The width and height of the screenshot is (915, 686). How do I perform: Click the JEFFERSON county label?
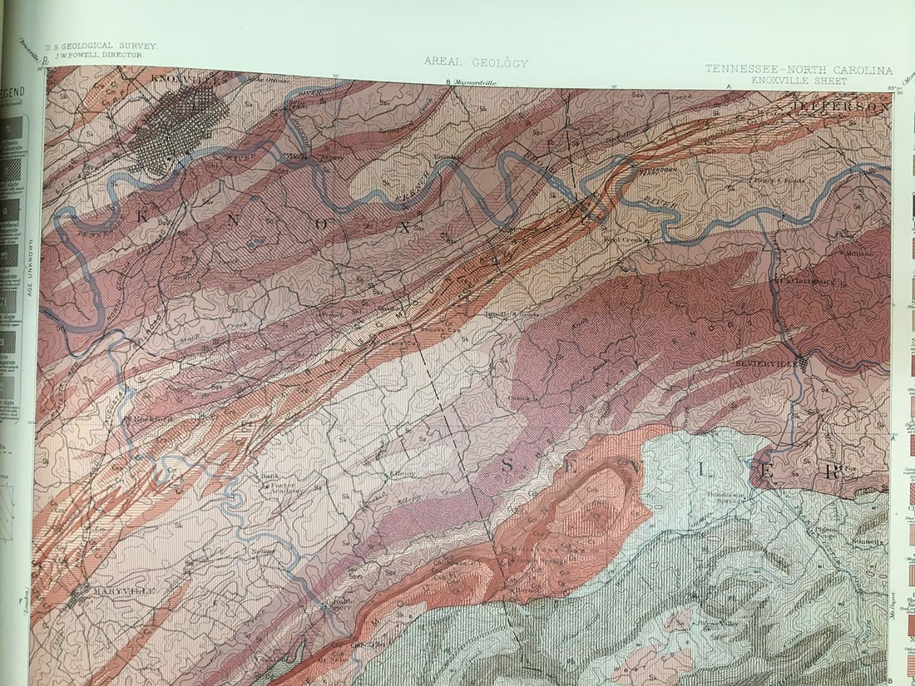840,107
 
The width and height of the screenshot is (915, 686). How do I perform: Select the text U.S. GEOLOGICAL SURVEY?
101,47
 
